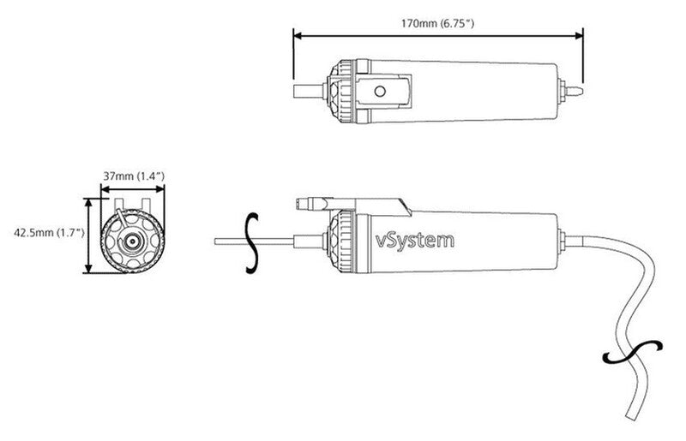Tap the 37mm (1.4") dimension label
134,176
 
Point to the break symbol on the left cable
250,242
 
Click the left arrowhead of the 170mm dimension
298,35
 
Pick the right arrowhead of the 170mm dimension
580,35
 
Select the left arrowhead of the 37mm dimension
105,188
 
